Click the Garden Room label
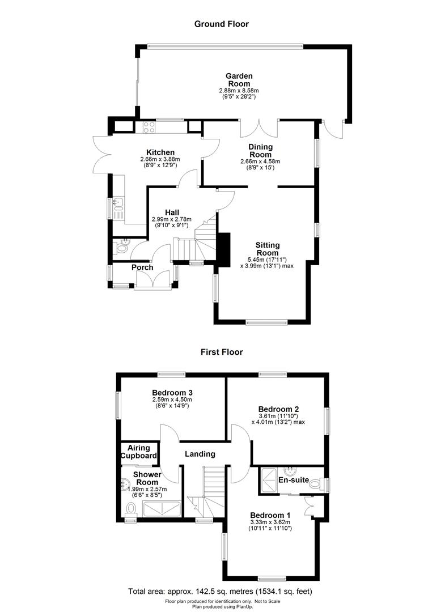[x=239, y=80]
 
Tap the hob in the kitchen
[x=149, y=127]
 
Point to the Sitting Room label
[x=268, y=249]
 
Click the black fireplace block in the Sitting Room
[x=225, y=249]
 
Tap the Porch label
[x=143, y=267]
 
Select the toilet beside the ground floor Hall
[x=121, y=247]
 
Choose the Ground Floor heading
[x=222, y=24]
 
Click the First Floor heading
[x=222, y=352]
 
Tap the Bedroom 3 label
[x=171, y=392]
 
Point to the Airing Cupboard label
[x=138, y=452]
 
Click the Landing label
[x=200, y=454]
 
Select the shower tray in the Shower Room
[x=162, y=508]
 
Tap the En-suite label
[x=293, y=480]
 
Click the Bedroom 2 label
[x=278, y=409]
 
